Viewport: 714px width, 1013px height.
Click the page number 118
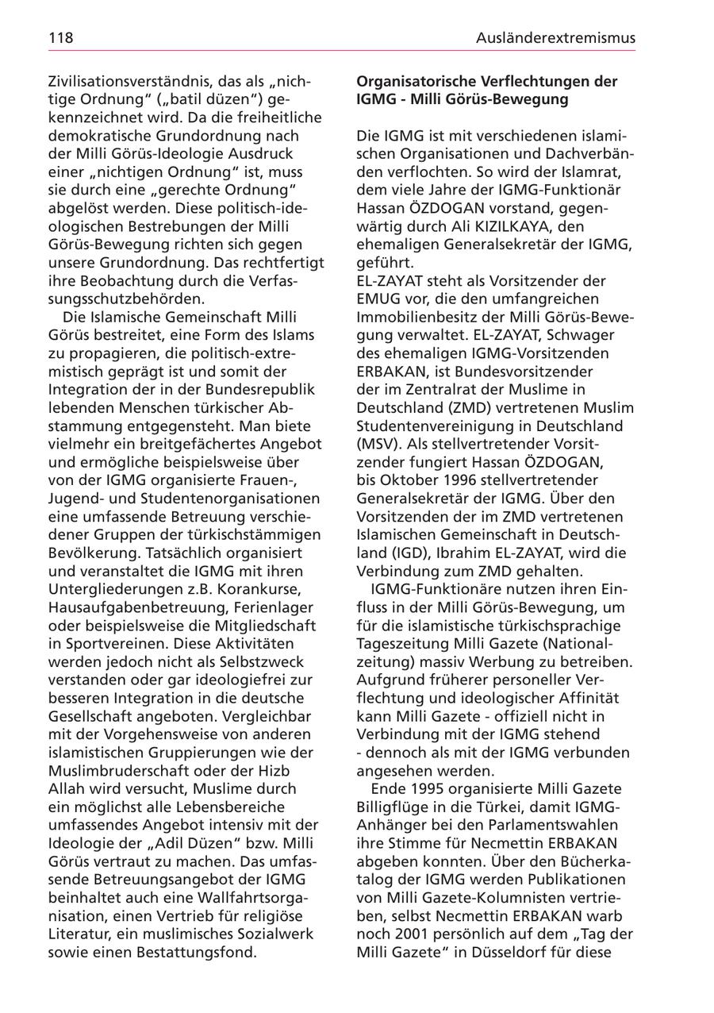pyautogui.click(x=60, y=37)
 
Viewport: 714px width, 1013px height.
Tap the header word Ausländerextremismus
pyautogui.click(x=555, y=37)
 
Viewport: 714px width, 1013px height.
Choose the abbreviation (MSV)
pyautogui.click(x=378, y=444)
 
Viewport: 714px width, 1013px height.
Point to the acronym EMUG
pyautogui.click(x=378, y=299)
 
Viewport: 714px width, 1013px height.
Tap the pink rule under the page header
pyautogui.click(x=341, y=51)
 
